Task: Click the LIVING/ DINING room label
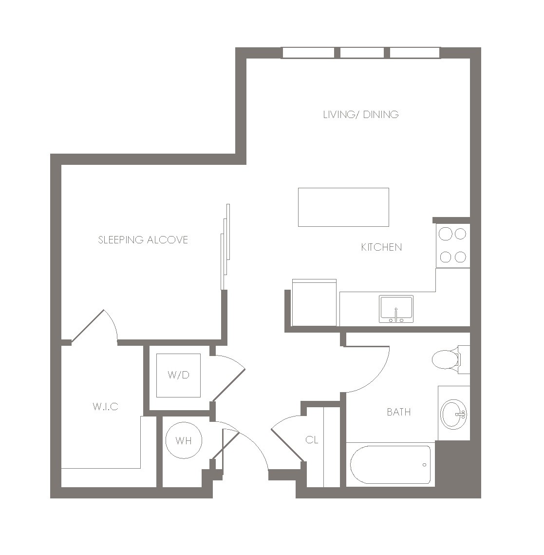[361, 114]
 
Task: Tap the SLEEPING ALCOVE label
[143, 240]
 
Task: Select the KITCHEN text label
[381, 247]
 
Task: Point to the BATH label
[399, 412]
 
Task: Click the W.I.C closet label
[105, 406]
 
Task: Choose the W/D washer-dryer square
[179, 375]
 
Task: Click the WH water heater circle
[184, 440]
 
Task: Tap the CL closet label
[312, 440]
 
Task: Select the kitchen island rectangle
[343, 207]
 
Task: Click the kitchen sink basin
[396, 309]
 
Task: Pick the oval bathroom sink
[453, 415]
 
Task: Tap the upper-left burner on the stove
[446, 234]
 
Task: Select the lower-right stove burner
[460, 257]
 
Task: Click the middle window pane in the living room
[362, 53]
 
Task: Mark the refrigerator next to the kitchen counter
[314, 303]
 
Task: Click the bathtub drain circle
[424, 465]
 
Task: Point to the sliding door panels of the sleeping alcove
[225, 247]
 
